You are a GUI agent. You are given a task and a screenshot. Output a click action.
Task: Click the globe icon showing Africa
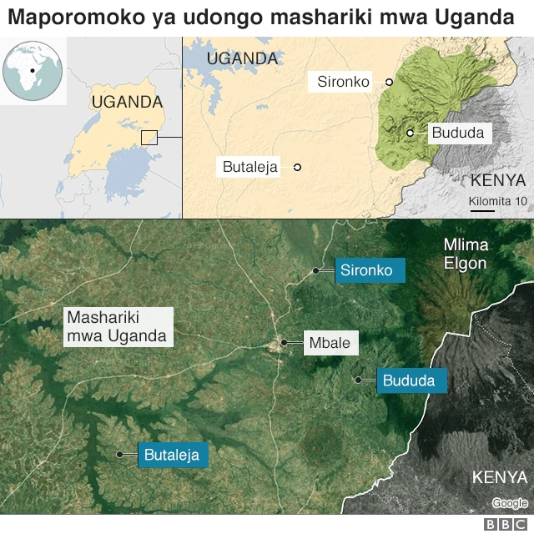[33, 70]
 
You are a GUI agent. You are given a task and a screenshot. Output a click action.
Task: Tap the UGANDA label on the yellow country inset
[127, 102]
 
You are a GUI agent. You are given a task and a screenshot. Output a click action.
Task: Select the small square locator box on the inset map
[149, 138]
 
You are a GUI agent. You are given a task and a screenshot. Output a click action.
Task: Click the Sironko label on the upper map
[343, 82]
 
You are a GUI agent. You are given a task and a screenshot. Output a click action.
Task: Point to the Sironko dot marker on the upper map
[389, 82]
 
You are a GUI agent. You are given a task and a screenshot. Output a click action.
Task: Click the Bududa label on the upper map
[457, 133]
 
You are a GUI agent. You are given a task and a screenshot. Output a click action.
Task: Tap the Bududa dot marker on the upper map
[411, 133]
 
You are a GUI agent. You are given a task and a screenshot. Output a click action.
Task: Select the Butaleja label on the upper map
[250, 167]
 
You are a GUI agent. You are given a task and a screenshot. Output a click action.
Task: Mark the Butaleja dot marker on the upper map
[297, 167]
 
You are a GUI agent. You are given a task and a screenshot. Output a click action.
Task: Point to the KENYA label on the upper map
[498, 180]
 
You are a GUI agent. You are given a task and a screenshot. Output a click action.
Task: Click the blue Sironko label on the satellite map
[370, 270]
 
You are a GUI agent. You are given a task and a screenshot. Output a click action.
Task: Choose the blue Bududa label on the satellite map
[411, 380]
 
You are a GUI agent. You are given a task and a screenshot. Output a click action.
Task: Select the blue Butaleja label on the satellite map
[173, 455]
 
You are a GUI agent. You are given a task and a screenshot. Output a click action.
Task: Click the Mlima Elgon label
[466, 254]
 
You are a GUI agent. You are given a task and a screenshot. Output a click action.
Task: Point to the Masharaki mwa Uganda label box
[118, 327]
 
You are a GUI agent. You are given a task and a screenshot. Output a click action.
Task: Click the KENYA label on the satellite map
[500, 477]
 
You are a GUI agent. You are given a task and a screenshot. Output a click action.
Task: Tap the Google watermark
[509, 502]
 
